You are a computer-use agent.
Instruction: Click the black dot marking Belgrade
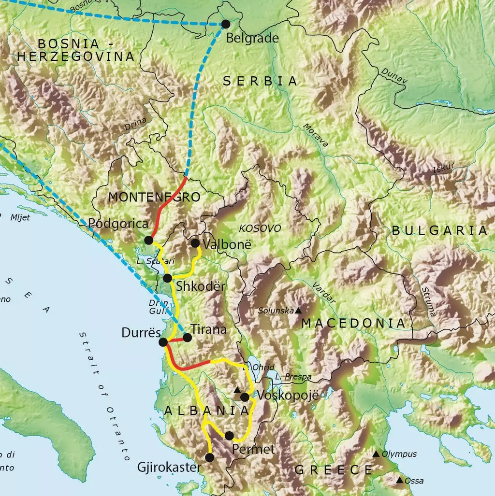(x=225, y=24)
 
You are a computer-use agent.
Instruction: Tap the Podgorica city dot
(x=149, y=240)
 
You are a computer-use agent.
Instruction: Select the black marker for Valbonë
(x=195, y=243)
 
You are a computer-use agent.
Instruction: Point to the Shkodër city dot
(x=167, y=278)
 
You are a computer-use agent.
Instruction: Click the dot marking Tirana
(x=187, y=337)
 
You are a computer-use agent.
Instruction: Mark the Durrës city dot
(x=163, y=342)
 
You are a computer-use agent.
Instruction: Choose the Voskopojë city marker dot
(x=245, y=397)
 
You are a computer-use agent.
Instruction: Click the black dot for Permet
(x=229, y=436)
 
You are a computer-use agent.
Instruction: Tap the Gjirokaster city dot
(x=210, y=457)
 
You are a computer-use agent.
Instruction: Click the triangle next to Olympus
(x=376, y=453)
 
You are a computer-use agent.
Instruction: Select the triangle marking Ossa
(x=400, y=480)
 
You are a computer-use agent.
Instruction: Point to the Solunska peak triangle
(x=298, y=311)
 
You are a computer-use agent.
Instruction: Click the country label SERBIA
(x=260, y=81)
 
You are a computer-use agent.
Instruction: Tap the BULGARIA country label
(x=439, y=230)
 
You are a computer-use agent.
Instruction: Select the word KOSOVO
(x=260, y=228)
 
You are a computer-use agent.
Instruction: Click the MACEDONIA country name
(x=353, y=323)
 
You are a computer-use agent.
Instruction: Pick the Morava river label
(x=316, y=135)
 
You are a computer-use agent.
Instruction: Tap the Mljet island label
(x=20, y=217)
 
